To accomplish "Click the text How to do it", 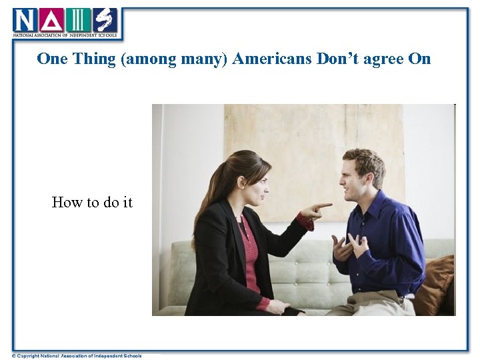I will point(92,202).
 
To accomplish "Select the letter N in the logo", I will point(24,20).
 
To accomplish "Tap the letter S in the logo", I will point(104,20).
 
